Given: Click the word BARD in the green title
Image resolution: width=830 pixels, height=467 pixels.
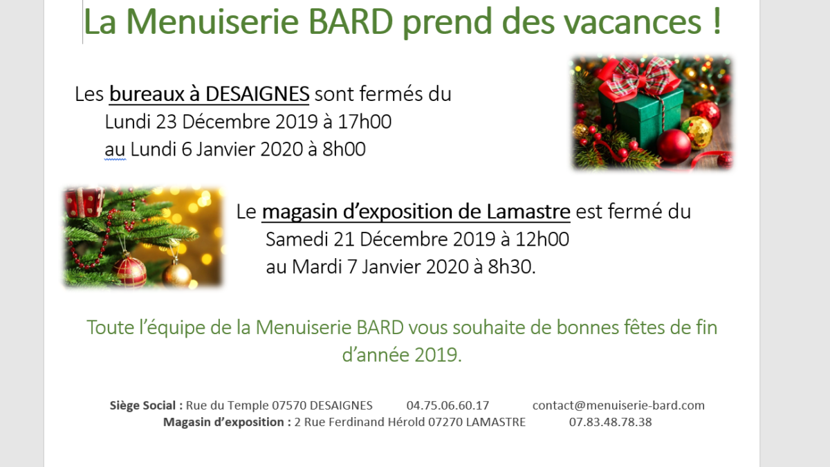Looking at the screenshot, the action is click(x=350, y=21).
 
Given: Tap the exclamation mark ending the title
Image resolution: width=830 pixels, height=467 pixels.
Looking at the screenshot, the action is click(x=717, y=21).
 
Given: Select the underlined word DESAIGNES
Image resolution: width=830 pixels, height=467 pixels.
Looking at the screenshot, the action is click(x=257, y=94).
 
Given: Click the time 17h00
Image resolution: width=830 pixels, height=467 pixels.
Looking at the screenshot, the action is click(x=365, y=122).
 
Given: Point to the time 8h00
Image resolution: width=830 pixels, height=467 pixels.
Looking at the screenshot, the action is click(x=344, y=149).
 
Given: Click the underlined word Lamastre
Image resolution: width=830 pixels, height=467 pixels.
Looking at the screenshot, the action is click(x=528, y=212).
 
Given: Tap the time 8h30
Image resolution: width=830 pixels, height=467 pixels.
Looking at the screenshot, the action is click(x=510, y=267).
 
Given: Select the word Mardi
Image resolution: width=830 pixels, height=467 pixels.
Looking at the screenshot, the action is click(x=317, y=267).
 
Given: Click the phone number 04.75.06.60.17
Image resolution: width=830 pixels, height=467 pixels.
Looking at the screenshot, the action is click(x=448, y=405).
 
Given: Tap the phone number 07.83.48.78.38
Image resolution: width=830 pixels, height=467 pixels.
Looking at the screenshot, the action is click(x=610, y=422).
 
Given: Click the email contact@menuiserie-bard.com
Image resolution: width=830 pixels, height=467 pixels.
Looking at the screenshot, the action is click(x=618, y=405).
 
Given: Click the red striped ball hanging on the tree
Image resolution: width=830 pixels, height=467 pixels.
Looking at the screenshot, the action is click(x=130, y=272).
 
